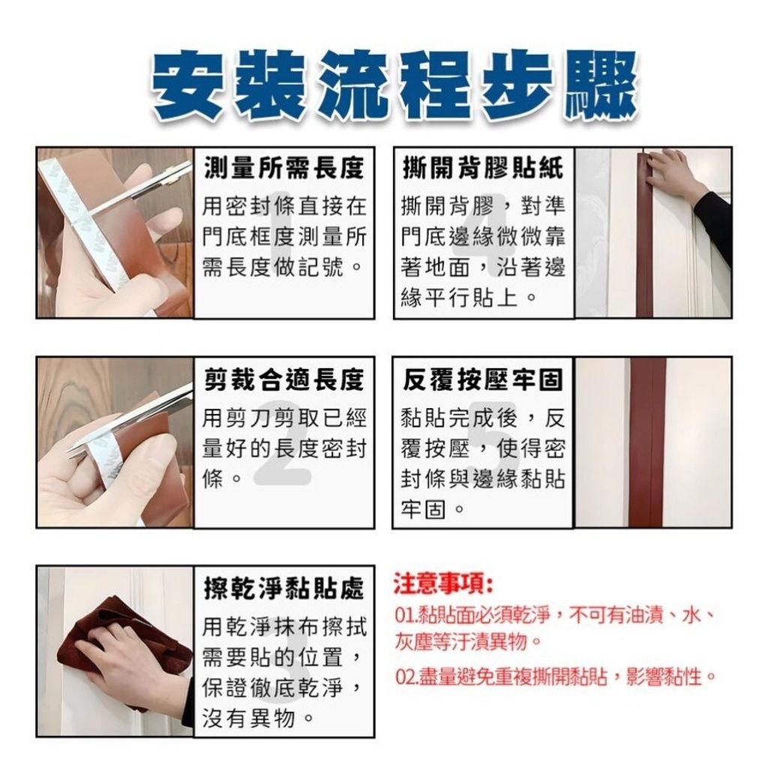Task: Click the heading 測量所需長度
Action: pos(284,168)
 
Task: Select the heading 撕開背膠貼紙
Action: pos(483,168)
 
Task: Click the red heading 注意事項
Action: pos(443,584)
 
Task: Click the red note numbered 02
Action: pos(556,677)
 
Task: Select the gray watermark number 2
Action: pos(283,451)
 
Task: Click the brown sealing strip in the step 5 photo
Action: pos(647,442)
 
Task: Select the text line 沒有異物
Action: pos(258,718)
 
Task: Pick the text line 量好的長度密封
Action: pos(284,448)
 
